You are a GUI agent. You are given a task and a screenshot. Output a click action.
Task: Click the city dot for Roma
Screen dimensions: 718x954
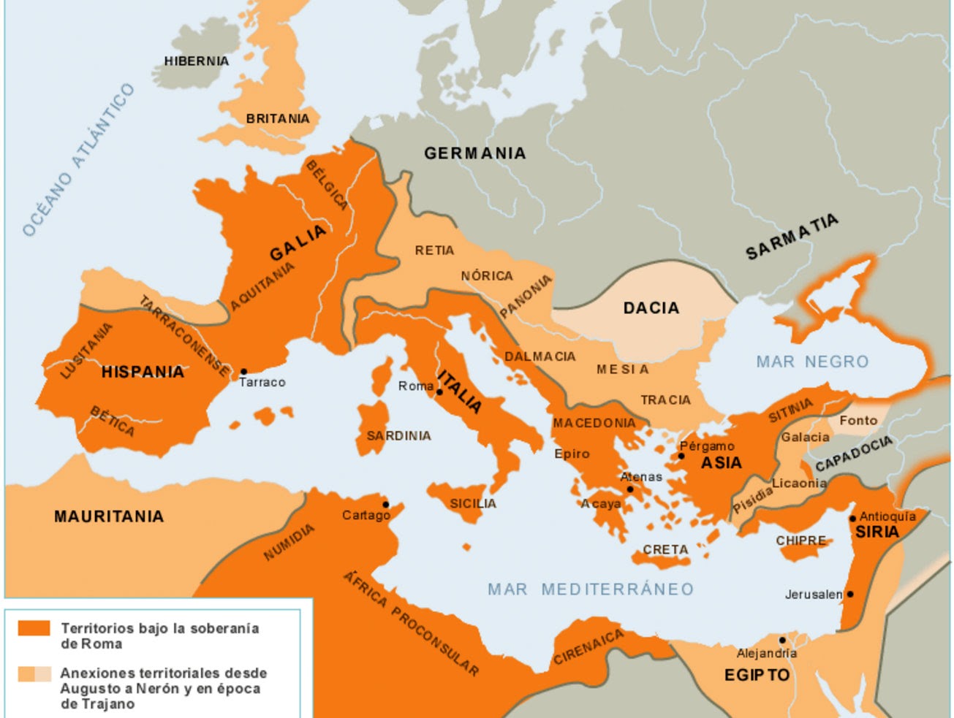439,392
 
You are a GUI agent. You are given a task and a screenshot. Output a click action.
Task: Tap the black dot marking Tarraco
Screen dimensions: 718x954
243,372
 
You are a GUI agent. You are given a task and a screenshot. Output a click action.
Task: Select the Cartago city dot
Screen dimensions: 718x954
386,504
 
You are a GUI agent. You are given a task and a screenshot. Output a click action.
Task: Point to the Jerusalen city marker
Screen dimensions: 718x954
849,594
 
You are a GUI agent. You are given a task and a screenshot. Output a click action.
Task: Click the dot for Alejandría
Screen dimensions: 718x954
782,640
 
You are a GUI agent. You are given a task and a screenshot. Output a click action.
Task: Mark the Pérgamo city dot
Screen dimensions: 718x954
681,456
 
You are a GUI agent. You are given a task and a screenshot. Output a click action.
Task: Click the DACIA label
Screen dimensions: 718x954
651,308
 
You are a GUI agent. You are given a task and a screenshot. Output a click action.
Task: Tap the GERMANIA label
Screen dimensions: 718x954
474,153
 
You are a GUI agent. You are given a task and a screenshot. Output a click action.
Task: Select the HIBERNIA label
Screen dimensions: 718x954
196,61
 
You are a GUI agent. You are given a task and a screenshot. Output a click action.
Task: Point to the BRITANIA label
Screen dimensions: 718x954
277,118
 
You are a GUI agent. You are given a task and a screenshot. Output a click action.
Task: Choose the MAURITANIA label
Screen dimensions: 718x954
109,516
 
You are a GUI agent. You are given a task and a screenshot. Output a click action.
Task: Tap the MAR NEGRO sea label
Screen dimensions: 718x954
812,362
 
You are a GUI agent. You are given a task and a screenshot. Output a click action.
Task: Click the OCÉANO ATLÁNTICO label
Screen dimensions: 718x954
78,160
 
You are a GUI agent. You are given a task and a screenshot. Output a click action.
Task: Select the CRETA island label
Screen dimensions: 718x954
665,549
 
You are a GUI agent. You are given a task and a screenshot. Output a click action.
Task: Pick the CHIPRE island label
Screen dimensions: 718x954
800,541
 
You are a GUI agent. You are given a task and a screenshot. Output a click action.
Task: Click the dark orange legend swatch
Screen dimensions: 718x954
34,628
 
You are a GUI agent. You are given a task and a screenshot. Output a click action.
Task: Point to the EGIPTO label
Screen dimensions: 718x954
757,675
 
